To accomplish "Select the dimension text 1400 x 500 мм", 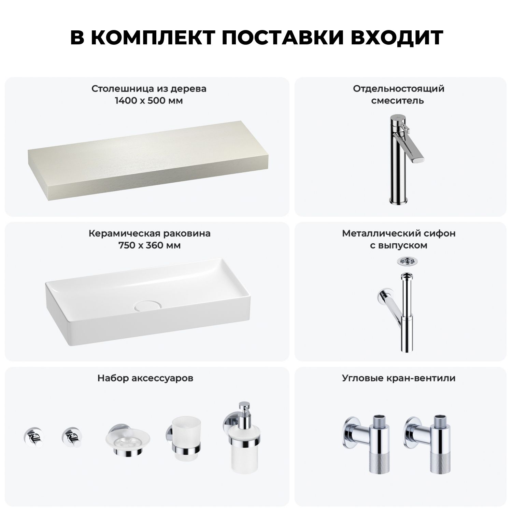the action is click(x=149, y=101).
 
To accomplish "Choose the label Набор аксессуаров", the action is click(x=145, y=378).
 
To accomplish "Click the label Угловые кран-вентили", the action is click(x=399, y=378).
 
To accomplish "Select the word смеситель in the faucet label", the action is click(x=398, y=101).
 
